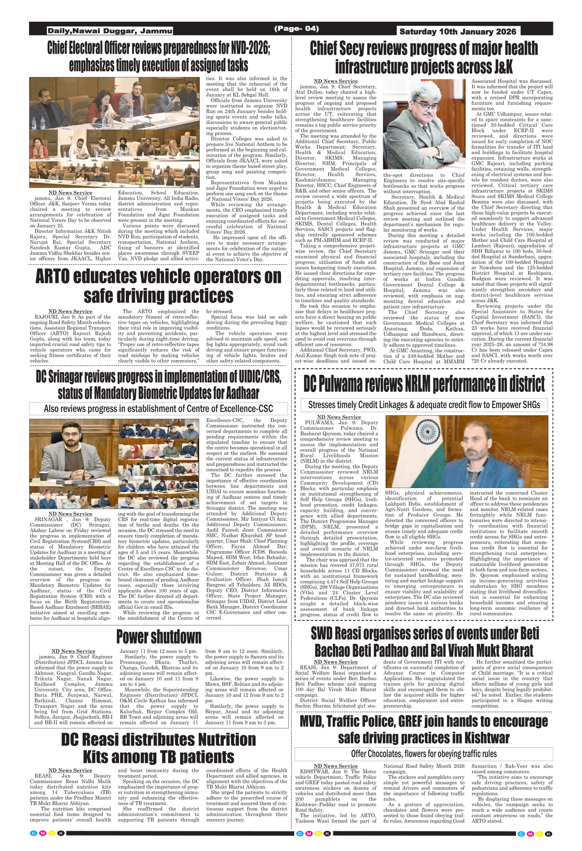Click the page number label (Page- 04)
[x=296, y=29]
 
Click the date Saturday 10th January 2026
[x=458, y=31]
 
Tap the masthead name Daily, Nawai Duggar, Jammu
[x=110, y=31]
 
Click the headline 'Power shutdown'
[x=159, y=636]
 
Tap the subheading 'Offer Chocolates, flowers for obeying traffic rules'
[x=424, y=753]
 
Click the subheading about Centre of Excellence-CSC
[x=158, y=409]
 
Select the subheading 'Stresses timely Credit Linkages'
[x=424, y=405]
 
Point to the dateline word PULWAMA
[x=319, y=423]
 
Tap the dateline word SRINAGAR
[x=48, y=519]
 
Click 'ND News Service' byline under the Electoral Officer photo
[x=70, y=193]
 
